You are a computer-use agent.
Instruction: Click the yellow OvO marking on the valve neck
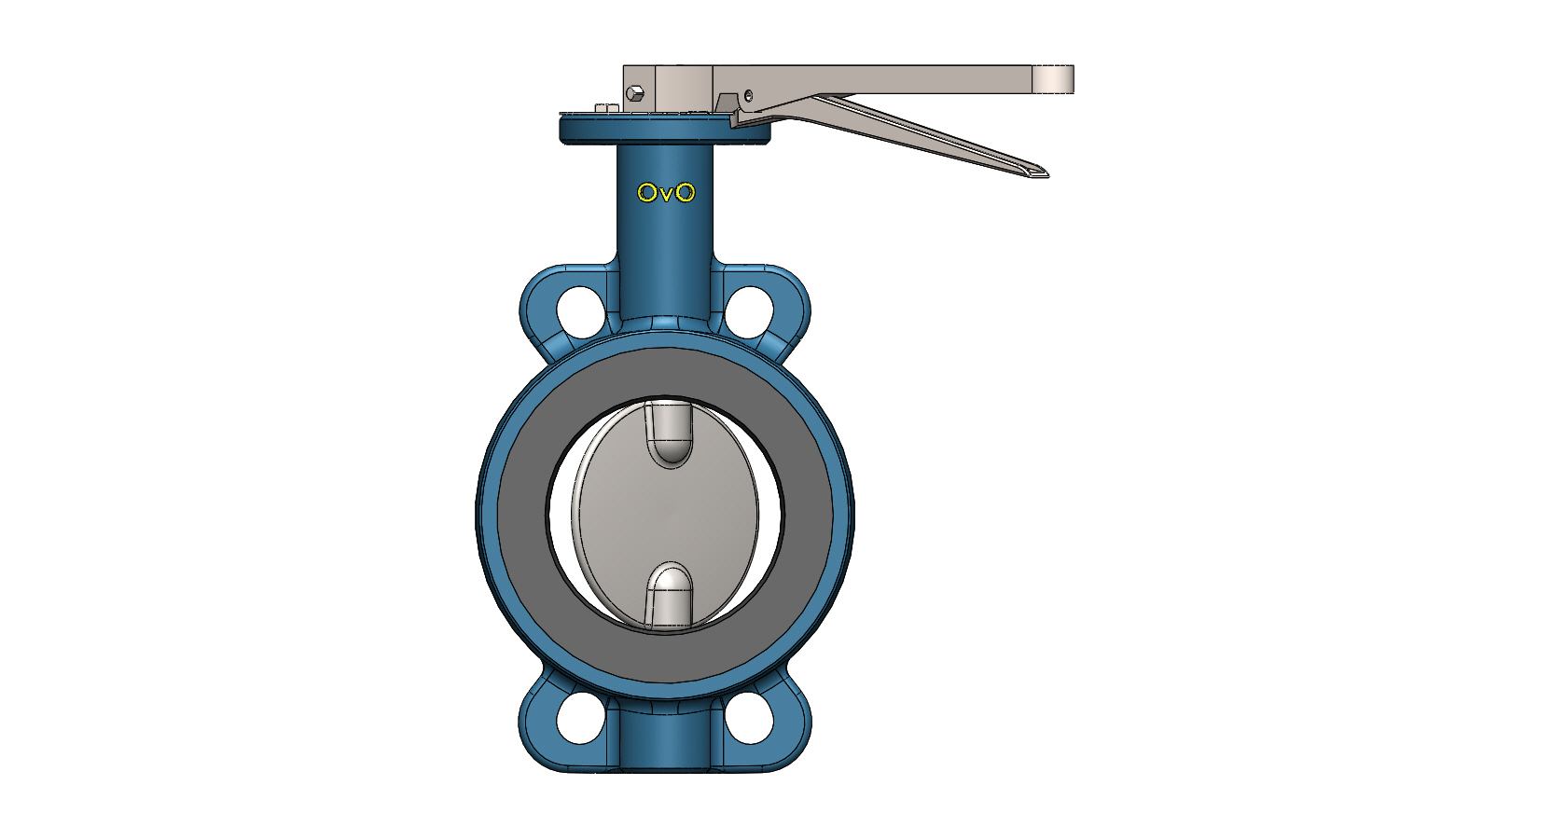pyautogui.click(x=666, y=193)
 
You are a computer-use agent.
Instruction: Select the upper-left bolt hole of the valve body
pyautogui.click(x=580, y=311)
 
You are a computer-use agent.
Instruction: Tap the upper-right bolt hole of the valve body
pyautogui.click(x=750, y=311)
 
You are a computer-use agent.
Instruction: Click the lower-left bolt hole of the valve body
pyautogui.click(x=580, y=718)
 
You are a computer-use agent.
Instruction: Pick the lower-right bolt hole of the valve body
pyautogui.click(x=750, y=718)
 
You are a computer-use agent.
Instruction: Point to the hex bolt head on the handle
pyautogui.click(x=635, y=92)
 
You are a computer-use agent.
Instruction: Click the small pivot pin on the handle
pyautogui.click(x=748, y=95)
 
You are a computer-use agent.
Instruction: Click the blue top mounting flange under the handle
pyautogui.click(x=664, y=130)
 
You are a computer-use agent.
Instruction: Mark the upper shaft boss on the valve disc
pyautogui.click(x=669, y=434)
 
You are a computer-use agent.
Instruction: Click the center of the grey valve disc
pyautogui.click(x=668, y=516)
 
